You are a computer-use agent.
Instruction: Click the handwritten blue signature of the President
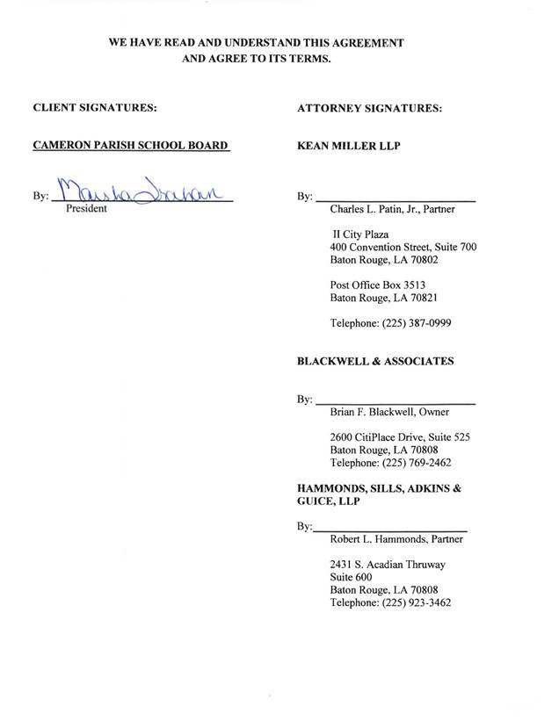click(141, 189)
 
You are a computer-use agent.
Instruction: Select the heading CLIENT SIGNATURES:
click(95, 109)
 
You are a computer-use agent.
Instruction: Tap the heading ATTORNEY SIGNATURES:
click(370, 109)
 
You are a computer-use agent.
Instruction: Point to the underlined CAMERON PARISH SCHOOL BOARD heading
click(130, 146)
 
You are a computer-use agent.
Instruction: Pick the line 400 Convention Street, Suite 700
click(403, 248)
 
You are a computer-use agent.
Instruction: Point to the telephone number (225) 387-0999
click(417, 322)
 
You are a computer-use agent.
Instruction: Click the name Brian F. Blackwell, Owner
click(389, 412)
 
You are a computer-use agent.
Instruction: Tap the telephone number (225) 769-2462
click(417, 462)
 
